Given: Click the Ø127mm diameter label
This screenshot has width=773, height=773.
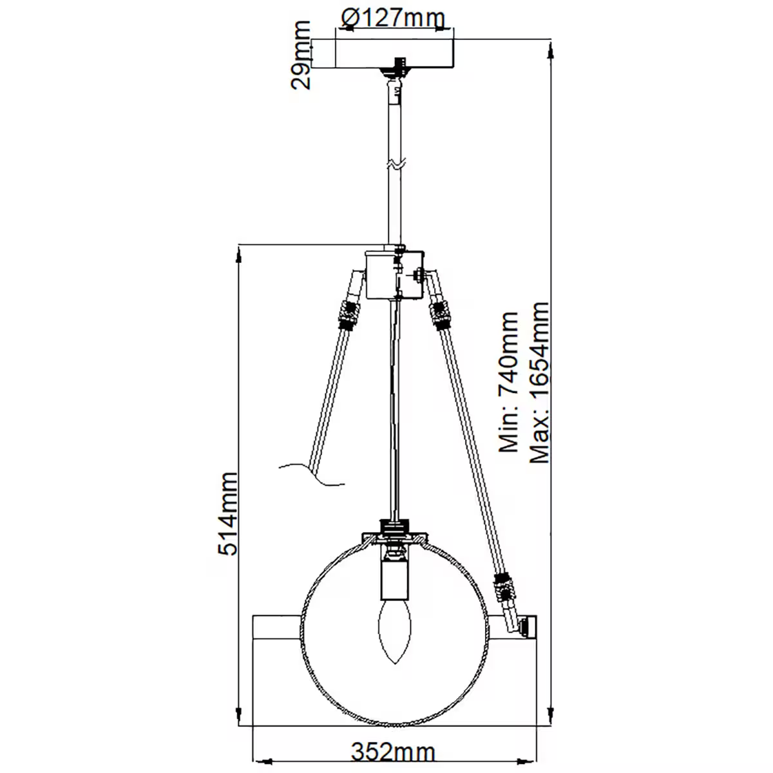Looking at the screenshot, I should (x=392, y=19).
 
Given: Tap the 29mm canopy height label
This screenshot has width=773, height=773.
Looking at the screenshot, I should (x=301, y=55).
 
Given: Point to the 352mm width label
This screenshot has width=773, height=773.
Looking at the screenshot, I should (x=393, y=752).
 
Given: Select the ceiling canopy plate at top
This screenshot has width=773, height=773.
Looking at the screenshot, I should (x=383, y=53).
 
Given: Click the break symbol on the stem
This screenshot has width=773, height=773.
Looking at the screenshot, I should (x=395, y=164).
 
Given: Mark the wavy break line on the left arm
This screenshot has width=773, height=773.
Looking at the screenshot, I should (x=312, y=474).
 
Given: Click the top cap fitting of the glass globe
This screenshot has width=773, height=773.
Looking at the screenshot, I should (x=394, y=533).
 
